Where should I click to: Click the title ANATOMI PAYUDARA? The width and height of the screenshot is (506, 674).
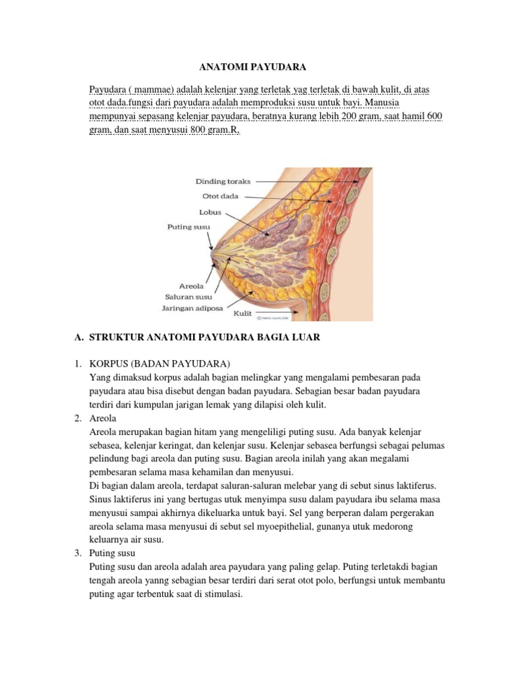point(252,66)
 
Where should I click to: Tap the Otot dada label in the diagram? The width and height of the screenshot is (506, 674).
point(221,196)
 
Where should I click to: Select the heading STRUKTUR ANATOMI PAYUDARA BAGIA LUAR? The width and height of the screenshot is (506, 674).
point(204,338)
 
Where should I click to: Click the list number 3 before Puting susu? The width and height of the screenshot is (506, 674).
point(77,554)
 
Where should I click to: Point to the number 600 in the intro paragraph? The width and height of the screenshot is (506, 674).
point(434,117)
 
